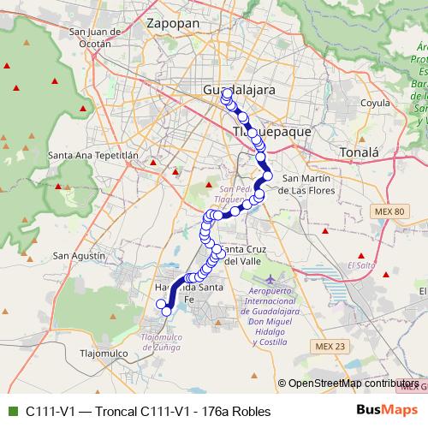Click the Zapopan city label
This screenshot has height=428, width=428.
pos(173,23)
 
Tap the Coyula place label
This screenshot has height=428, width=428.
pos(351,103)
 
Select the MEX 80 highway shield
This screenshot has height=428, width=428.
pos(393,211)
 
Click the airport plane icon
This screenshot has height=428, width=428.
pos(272,280)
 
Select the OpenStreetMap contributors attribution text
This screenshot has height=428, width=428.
pos(353,384)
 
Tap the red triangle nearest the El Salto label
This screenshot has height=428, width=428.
pos(364,255)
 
